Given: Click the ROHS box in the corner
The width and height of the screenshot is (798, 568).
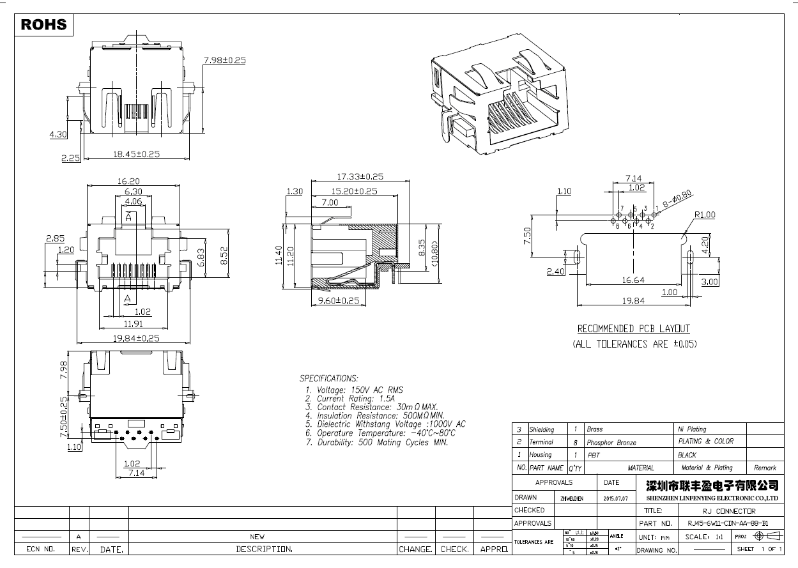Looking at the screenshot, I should pos(43,24).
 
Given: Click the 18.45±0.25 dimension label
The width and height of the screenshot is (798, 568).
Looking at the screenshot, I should pos(136,154).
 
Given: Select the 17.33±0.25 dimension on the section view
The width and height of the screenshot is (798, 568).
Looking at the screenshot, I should pos(360,176).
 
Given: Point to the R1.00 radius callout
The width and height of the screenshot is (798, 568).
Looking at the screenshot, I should pos(704,215).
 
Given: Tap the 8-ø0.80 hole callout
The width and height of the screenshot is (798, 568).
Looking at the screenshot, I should pos(677,198).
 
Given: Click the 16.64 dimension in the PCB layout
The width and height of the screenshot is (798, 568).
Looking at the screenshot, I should pos(633,280).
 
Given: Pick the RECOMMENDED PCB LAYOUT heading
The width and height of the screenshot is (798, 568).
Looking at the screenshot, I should pos(634,329).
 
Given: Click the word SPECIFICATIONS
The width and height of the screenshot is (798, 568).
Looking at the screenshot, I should pos(329,378).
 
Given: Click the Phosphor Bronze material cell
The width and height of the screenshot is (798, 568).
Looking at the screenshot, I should pos(611,442).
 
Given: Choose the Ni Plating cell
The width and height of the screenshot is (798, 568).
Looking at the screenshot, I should pos(692,429).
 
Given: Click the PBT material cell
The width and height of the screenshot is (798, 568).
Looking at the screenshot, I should pos(594,456).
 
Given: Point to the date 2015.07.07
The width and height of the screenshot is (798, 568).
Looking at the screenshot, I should pos(615,498).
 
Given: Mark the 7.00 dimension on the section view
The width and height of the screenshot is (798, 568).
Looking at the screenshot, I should pos(330,203).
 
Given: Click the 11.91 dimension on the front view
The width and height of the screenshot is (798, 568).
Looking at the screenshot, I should pos(133,325).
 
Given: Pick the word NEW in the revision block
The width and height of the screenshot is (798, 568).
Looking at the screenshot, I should pos(257,537).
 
